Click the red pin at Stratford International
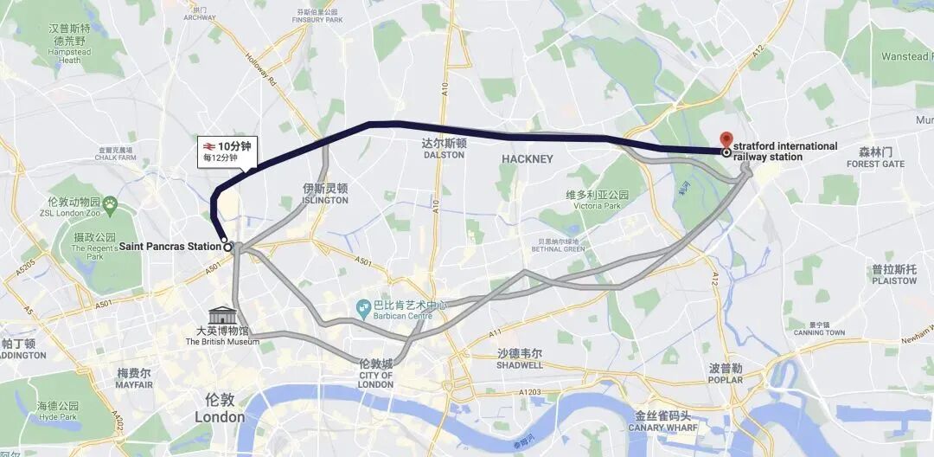[726, 139]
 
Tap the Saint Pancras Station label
[170, 247]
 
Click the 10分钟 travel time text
[233, 146]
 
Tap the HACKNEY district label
[527, 159]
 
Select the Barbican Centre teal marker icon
[363, 307]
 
